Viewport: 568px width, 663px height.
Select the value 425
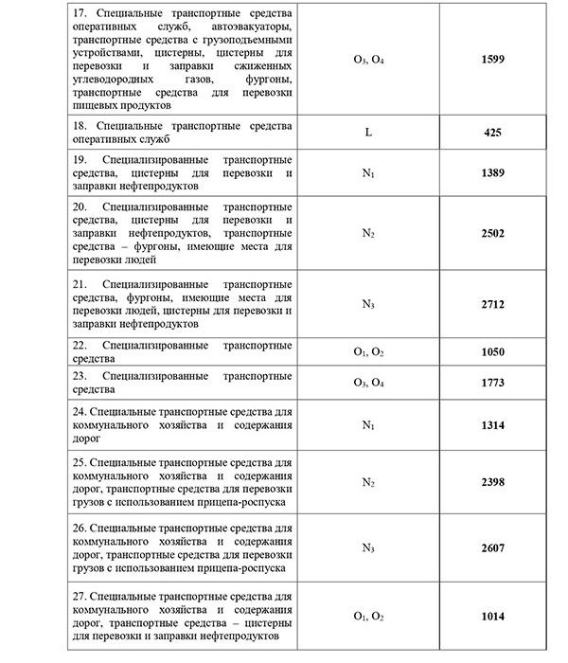coord(491,132)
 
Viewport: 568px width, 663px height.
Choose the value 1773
coord(491,383)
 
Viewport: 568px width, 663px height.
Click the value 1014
coord(491,618)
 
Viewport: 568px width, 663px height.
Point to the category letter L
coord(366,132)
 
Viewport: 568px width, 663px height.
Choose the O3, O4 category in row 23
coord(366,383)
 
